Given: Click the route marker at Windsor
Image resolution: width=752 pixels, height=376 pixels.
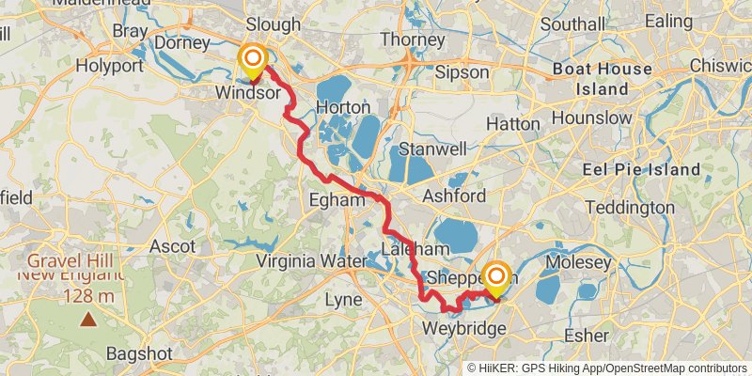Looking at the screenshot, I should (252, 62).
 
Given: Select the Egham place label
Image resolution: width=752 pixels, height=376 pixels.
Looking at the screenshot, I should (337, 199).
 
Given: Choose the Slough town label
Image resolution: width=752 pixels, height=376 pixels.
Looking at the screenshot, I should (273, 23).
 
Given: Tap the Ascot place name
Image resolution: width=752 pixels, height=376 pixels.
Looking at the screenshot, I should (172, 246).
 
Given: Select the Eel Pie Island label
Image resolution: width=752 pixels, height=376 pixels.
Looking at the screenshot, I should (642, 169).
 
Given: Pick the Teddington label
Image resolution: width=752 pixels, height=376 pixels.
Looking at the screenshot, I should (630, 207).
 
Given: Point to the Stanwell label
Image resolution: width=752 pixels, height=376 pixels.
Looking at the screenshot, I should (432, 149).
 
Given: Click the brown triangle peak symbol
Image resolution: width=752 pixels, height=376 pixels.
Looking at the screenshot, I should (87, 321).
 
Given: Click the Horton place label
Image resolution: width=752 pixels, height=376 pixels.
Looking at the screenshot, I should (343, 107).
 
